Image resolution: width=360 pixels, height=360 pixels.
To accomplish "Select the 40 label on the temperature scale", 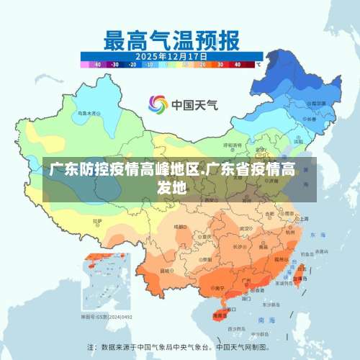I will [237, 63].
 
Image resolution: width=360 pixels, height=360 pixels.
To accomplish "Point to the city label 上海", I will [303, 218].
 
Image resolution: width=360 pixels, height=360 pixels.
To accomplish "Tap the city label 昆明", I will [167, 271].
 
